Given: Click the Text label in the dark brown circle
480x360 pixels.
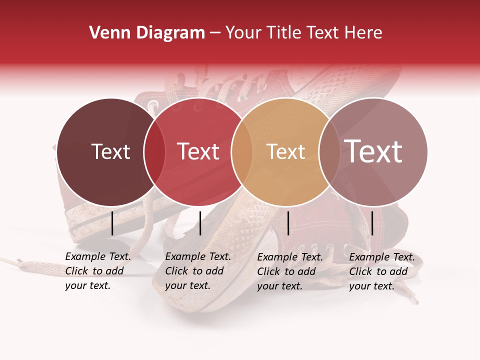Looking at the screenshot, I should (x=110, y=151).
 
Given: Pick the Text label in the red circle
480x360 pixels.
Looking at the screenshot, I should (x=198, y=151).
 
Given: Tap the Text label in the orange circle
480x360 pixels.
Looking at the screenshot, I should (x=286, y=151).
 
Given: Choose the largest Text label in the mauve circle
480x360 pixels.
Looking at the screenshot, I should (x=373, y=151).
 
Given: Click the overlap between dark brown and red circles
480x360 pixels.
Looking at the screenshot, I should (x=154, y=152).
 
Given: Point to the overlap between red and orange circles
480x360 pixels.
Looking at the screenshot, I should (x=242, y=152).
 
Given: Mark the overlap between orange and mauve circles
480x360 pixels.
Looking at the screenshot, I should (x=329, y=152).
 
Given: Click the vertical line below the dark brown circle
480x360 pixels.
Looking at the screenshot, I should (x=112, y=223).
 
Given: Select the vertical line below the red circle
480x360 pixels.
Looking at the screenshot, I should (x=200, y=223).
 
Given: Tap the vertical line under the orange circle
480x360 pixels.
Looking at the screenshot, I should (x=288, y=223).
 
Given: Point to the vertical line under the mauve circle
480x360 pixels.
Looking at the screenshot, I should (x=372, y=223).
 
